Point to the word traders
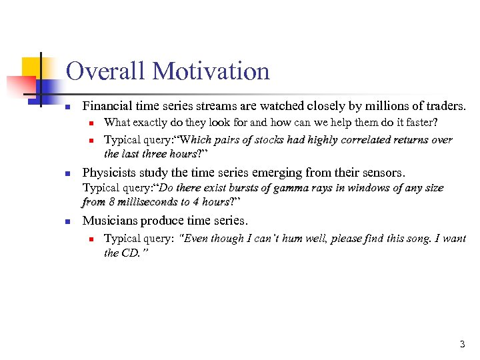point(446,105)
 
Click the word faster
point(421,123)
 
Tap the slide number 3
point(462,345)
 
